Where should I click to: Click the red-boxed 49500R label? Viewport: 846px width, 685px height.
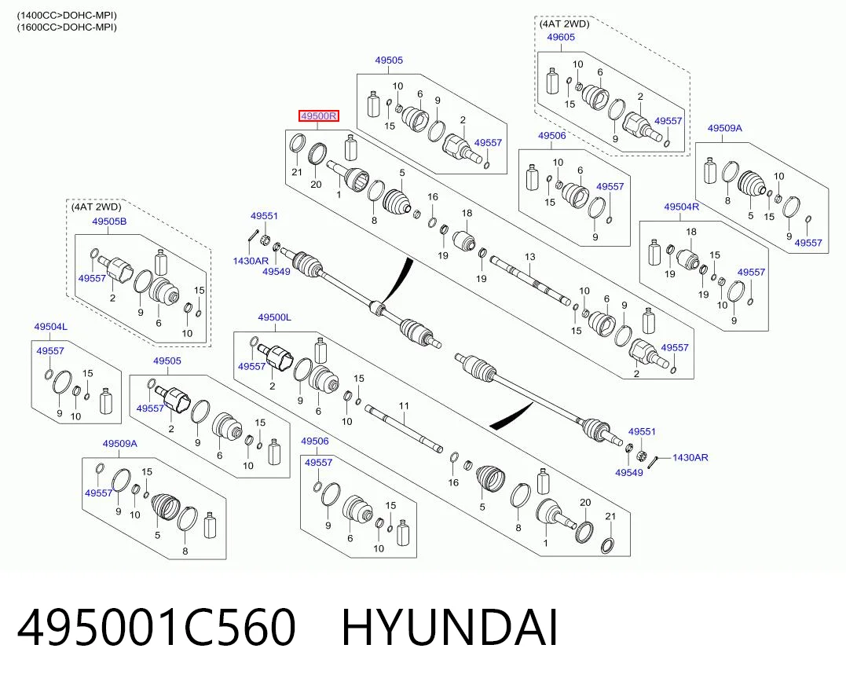click(x=319, y=115)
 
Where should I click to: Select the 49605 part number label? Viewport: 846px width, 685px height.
click(x=561, y=37)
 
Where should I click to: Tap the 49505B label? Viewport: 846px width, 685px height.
click(x=109, y=222)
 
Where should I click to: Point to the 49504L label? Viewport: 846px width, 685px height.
click(x=51, y=327)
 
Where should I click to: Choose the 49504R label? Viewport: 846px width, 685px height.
click(x=682, y=207)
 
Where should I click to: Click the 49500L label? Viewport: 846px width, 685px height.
click(x=275, y=317)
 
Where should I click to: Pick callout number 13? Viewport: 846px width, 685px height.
click(x=529, y=257)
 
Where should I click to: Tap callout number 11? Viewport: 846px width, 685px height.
click(x=404, y=406)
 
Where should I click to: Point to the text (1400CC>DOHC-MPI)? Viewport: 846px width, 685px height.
click(x=66, y=16)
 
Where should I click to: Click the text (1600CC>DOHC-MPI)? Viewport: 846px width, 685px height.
click(x=66, y=27)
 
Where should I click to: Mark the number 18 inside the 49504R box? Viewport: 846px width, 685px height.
click(x=691, y=232)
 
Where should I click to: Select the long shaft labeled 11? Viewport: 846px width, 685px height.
click(x=404, y=429)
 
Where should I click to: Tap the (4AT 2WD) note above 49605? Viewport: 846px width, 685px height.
click(x=564, y=24)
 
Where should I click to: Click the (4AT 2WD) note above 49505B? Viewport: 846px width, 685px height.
click(x=97, y=207)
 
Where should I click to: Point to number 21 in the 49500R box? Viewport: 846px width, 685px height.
click(x=297, y=172)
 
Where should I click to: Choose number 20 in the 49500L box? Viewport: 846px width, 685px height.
click(x=585, y=503)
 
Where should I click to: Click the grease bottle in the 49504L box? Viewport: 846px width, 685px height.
click(x=106, y=401)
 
